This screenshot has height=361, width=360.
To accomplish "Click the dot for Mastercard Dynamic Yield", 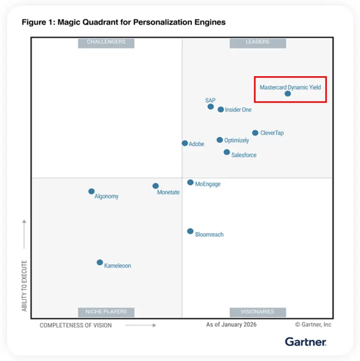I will point(287,94).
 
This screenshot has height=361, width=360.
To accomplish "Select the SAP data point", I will point(211,107).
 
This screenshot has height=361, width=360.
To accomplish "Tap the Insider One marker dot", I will point(221,110).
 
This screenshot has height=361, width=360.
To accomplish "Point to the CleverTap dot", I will point(255,133).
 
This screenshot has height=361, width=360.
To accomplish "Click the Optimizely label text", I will point(236,140).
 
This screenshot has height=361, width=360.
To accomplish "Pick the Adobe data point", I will point(185,143).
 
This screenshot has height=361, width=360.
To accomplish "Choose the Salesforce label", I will point(244,155).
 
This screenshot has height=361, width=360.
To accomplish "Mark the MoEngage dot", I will point(190,182).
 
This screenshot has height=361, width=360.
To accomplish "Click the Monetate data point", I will point(155,186).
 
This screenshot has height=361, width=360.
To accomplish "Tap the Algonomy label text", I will point(106,197).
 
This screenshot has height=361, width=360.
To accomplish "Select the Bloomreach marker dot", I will point(190,231).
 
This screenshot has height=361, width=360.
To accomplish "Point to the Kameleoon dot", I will point(100,263).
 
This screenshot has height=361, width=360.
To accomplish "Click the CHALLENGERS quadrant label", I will point(106,42).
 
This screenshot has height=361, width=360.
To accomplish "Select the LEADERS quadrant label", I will point(257,42).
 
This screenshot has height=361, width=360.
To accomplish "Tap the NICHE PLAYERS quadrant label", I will point(106,312).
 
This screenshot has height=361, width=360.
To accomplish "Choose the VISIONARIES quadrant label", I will point(257,312).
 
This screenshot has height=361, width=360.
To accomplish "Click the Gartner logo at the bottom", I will point(305,342).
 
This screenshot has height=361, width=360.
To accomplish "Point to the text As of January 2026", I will point(231,325).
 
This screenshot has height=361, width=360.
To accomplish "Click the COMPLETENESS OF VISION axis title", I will point(76,326).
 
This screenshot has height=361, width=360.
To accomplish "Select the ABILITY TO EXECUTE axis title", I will point(25,285).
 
